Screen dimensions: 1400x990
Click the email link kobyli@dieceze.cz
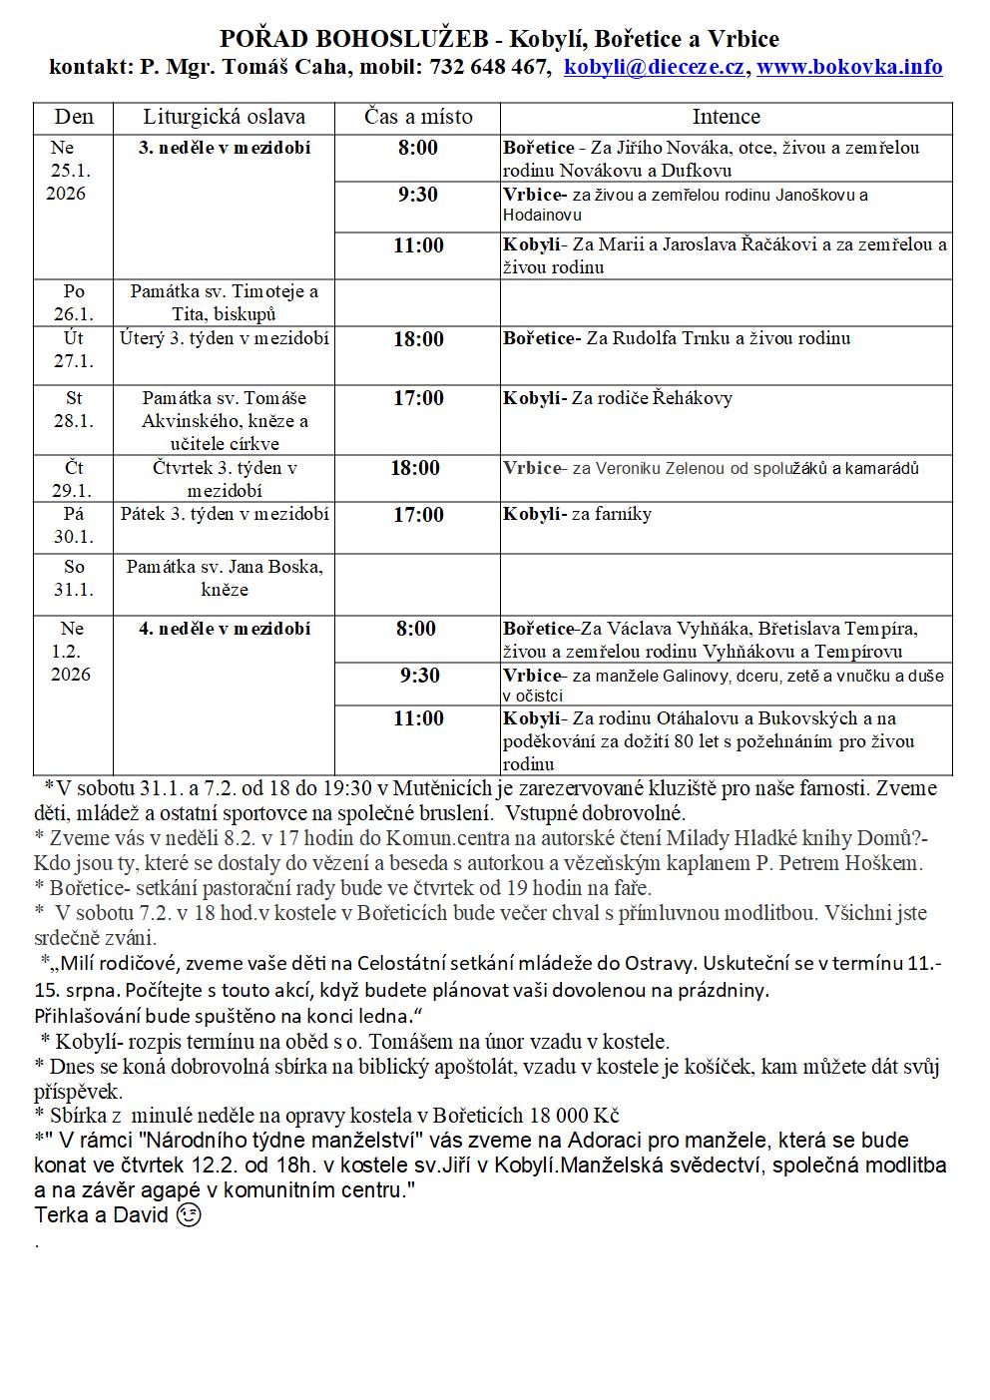pyautogui.click(x=655, y=67)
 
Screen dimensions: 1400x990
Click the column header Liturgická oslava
pyautogui.click(x=224, y=117)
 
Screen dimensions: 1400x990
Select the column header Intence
pyautogui.click(x=726, y=117)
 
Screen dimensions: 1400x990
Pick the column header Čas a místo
pyautogui.click(x=418, y=117)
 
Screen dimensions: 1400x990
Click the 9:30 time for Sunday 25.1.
pyautogui.click(x=418, y=195)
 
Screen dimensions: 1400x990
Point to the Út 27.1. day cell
pyautogui.click(x=73, y=349)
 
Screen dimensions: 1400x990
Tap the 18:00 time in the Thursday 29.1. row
pyautogui.click(x=415, y=468)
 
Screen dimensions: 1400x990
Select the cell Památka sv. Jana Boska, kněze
pyautogui.click(x=224, y=578)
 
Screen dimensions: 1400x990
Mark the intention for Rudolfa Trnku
pyautogui.click(x=718, y=338)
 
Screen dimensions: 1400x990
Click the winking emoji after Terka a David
pyautogui.click(x=187, y=1216)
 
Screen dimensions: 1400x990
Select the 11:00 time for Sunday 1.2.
pyautogui.click(x=418, y=718)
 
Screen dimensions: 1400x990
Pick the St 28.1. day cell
pyautogui.click(x=73, y=409)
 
